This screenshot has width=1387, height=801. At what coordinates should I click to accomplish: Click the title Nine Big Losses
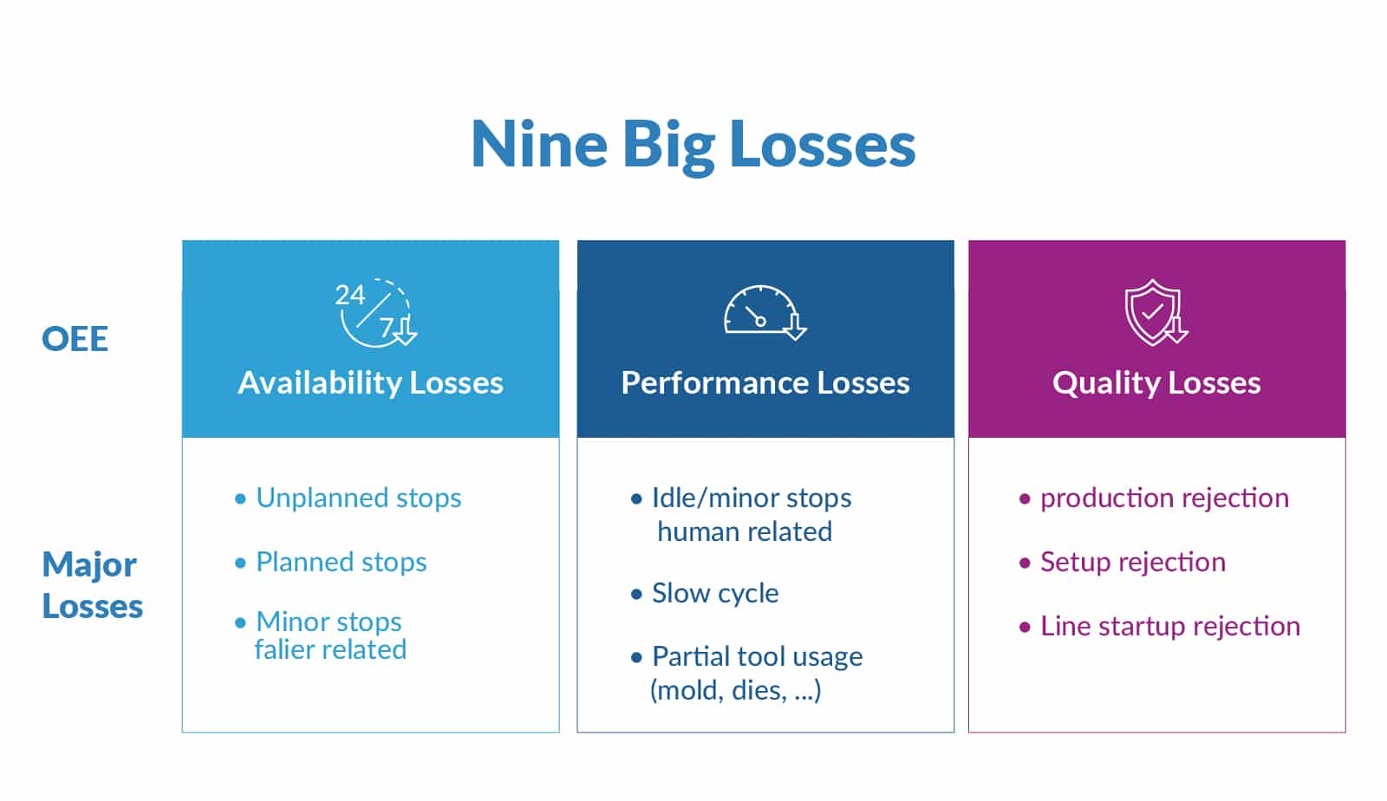tap(693, 145)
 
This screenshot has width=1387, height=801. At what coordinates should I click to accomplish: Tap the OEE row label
tap(75, 339)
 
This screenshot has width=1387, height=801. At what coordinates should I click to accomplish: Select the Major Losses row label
tap(92, 585)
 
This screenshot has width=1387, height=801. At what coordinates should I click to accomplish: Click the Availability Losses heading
tap(370, 382)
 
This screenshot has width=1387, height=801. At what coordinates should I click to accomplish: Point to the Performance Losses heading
tap(765, 382)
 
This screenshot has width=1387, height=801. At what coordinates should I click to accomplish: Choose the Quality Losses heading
tap(1156, 383)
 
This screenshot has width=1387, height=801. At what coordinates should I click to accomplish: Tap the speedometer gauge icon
tap(765, 313)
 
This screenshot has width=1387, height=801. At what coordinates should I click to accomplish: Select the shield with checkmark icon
tap(1156, 312)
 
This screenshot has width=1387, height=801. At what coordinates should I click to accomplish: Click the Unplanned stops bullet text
tap(359, 498)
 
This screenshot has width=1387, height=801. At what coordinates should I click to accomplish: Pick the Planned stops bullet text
tap(342, 562)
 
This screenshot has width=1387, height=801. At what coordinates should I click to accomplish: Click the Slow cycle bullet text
tap(715, 593)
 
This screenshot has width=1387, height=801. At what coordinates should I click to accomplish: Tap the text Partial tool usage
tap(757, 657)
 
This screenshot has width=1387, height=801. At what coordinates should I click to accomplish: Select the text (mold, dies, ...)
tap(736, 690)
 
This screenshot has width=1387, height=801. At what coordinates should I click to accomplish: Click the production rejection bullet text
tap(1164, 498)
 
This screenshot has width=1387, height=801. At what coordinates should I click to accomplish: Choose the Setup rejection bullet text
tap(1132, 562)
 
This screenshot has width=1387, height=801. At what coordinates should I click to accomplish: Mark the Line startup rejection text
tap(1169, 626)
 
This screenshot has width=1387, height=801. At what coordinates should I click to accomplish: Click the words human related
tap(745, 531)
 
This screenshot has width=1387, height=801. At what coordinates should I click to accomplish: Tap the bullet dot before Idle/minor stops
tap(636, 499)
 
